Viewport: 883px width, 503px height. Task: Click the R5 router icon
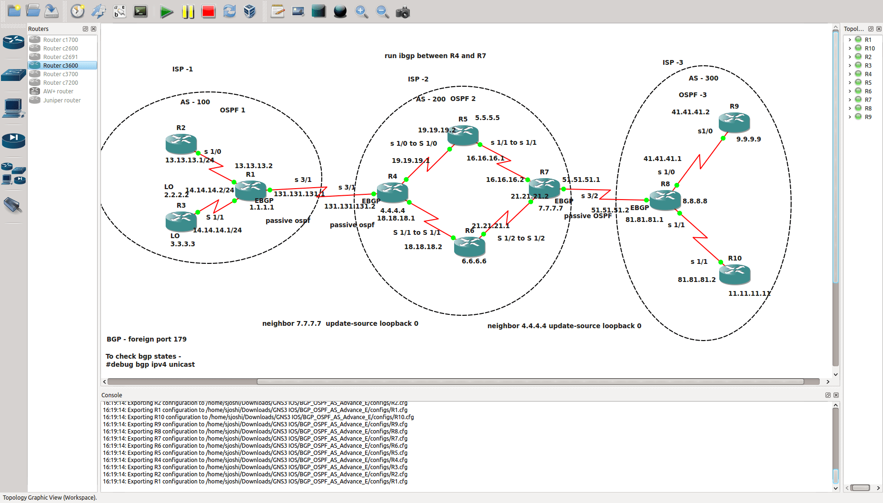pos(463,135)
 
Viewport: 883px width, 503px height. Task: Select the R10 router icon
pos(734,274)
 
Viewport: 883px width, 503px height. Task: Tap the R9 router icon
pos(734,122)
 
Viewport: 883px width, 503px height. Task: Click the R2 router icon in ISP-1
pos(181,143)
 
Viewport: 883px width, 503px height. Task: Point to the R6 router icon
pos(469,246)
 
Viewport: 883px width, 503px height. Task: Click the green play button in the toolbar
pos(166,11)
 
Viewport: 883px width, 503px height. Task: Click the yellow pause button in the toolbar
pos(188,11)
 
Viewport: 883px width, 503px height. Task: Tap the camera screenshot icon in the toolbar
pos(403,11)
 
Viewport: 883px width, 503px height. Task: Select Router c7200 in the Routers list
pos(60,83)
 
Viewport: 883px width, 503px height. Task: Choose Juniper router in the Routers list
pos(62,101)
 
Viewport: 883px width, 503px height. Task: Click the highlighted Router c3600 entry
pos(60,66)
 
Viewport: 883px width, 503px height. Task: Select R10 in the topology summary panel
pos(870,49)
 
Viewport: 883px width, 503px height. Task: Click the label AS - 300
pos(703,78)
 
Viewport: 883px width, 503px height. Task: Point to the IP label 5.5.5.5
pos(487,118)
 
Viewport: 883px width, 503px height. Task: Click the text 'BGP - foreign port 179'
pos(147,339)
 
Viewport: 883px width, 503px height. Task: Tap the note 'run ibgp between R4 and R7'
pos(435,56)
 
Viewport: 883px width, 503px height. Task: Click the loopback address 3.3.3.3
pos(183,244)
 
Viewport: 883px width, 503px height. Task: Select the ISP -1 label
pos(182,69)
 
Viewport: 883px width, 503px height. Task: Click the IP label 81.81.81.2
pos(696,280)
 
